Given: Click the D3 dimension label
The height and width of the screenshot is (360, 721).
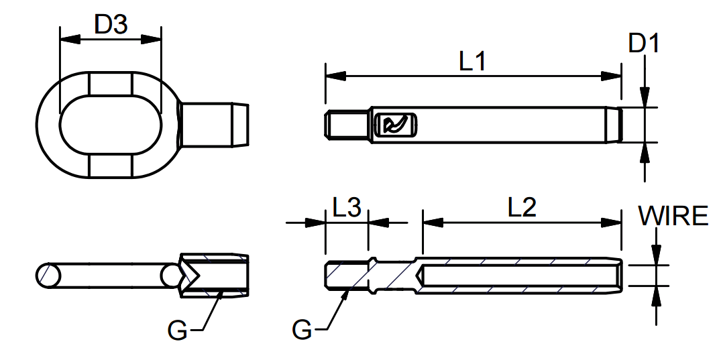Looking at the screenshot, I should [111, 25].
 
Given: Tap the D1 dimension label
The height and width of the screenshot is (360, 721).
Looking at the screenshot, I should [644, 44].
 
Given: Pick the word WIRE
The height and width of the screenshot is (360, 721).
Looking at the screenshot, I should [673, 217].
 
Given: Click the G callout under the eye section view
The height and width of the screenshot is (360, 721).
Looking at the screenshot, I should [177, 330].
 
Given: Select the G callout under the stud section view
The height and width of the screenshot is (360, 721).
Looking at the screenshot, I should [302, 330].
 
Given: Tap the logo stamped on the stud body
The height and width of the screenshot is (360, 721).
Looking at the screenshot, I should [393, 125].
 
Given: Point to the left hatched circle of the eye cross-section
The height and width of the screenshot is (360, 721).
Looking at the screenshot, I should [48, 275].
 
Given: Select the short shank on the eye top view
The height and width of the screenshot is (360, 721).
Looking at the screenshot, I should [215, 125].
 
